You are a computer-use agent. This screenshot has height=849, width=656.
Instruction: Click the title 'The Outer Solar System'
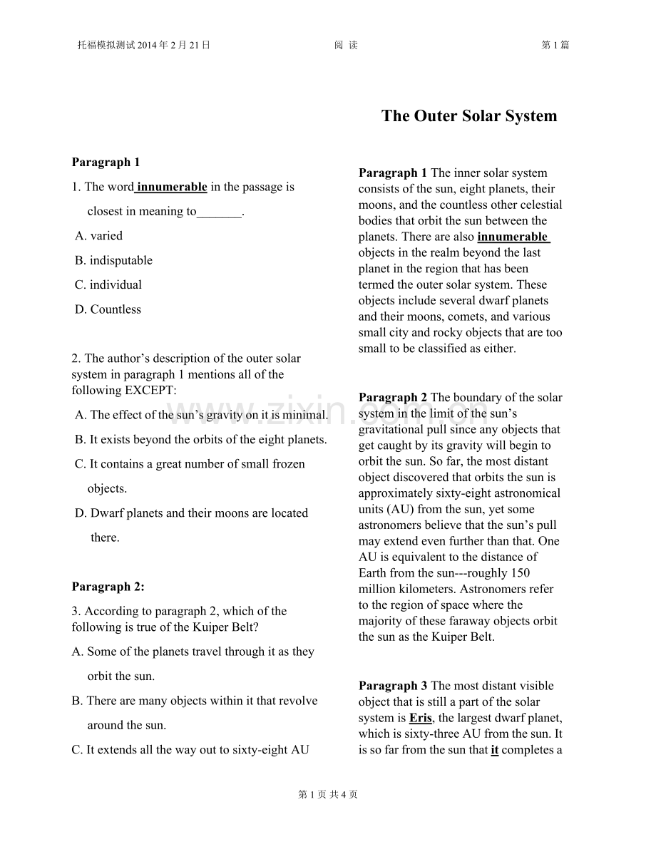[x=469, y=116]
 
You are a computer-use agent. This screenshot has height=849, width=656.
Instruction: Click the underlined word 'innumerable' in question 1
[x=172, y=187]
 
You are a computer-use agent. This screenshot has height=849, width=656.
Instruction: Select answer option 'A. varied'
[x=98, y=236]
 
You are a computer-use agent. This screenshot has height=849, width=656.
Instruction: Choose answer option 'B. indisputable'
[x=113, y=260]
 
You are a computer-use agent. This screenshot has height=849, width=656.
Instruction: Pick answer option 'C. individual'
[x=108, y=285]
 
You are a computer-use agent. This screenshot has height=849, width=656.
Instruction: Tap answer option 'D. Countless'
[x=108, y=309]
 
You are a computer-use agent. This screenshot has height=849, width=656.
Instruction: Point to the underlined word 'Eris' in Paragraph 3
[x=421, y=718]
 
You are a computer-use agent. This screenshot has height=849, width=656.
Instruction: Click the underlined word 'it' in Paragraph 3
[x=495, y=750]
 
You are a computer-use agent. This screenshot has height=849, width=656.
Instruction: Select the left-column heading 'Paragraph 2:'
[x=108, y=587]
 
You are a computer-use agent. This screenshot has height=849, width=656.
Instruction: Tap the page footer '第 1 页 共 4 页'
[x=328, y=795]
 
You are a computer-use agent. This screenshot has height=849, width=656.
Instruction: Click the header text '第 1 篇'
[x=555, y=46]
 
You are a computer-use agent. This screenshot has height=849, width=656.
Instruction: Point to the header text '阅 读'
[x=346, y=46]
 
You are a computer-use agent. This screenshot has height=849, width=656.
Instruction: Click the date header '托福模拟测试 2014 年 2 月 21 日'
[x=144, y=46]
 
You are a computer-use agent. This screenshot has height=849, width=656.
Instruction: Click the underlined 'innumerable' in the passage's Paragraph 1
[x=513, y=237]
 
